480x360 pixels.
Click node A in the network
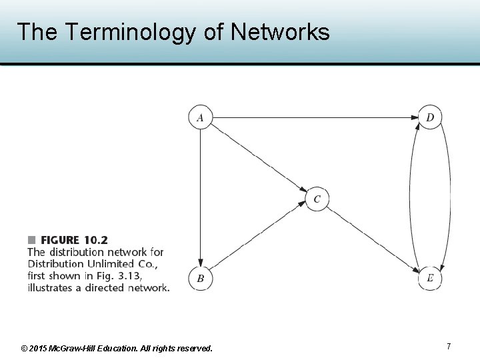coord(200,118)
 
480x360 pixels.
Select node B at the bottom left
coord(200,279)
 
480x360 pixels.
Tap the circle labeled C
coord(317,199)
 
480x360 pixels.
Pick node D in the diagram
coord(430,118)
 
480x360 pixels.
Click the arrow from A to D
coord(313,118)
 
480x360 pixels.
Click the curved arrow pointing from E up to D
coord(410,198)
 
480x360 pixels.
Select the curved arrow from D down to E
coord(450,198)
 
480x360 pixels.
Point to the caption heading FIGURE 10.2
coord(74,240)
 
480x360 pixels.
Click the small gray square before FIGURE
coord(31,239)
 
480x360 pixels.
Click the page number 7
coord(449,346)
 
